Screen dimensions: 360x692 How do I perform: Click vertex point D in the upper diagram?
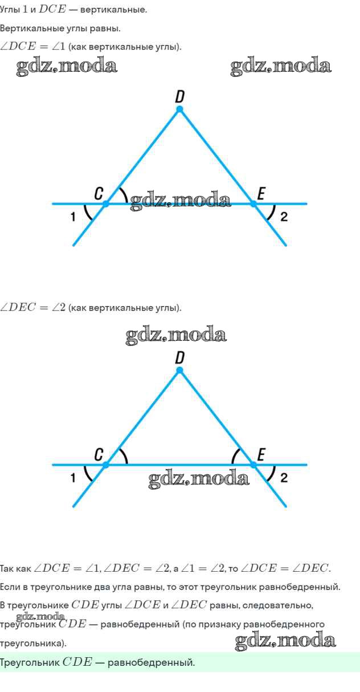[x=179, y=109]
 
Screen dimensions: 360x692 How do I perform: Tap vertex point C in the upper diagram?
[x=105, y=204]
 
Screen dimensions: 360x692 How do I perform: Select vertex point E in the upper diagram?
[x=253, y=204]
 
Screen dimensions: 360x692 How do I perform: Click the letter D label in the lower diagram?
[x=179, y=358]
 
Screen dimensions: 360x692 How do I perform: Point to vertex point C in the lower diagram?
[x=105, y=465]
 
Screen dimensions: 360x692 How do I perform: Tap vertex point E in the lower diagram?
[x=253, y=465]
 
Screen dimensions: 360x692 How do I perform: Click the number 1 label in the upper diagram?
[x=73, y=217]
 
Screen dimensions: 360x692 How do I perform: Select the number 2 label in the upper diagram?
[x=284, y=217]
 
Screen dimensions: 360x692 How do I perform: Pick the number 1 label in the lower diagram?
[x=73, y=478]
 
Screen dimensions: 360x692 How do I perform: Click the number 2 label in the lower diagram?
[x=284, y=478]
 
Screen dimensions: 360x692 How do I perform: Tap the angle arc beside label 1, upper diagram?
[x=86, y=213]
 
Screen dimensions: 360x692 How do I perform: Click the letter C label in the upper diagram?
[x=99, y=194]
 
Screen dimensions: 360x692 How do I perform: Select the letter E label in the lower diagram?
[x=261, y=455]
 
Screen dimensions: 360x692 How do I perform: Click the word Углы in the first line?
[x=10, y=10]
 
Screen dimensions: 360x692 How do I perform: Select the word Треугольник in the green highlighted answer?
[x=30, y=662]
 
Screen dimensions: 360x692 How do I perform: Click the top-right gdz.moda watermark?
[x=281, y=66]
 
